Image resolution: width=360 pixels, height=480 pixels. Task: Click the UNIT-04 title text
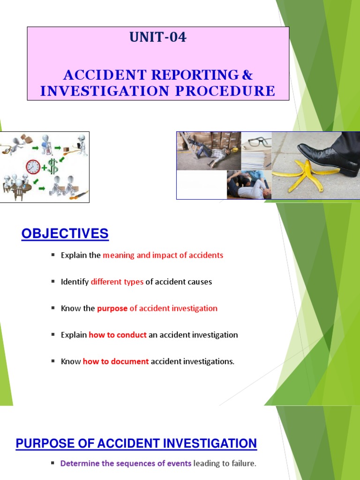coord(158,37)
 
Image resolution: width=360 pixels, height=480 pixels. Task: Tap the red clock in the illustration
coord(33,167)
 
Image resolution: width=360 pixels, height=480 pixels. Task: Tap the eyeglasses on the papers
coord(256,142)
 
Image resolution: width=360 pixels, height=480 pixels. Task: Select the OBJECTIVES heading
coord(65,233)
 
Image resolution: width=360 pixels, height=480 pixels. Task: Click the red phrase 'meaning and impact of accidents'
coord(163,255)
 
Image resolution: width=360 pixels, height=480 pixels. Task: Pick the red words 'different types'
coord(117,282)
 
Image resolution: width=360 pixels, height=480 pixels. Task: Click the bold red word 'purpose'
coord(112,308)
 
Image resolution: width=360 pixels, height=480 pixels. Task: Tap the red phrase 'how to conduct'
coord(118,335)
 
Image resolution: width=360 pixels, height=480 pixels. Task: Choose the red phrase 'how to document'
coord(116,361)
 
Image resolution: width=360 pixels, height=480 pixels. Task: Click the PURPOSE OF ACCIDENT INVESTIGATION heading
coord(136,443)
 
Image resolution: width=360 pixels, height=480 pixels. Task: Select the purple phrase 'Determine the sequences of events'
coord(126,464)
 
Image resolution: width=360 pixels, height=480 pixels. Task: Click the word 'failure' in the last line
coord(243,464)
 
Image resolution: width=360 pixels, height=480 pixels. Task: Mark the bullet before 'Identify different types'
coord(53,282)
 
